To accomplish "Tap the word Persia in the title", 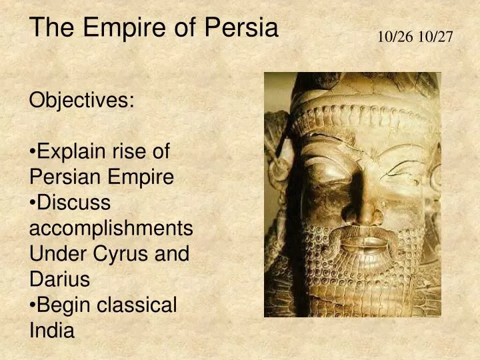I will pos(241,28).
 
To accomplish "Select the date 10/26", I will pos(395,37).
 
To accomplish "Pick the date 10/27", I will pos(436,37).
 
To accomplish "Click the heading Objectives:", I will pos(82,101).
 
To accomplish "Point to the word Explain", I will pos(71,152).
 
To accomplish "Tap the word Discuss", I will pos(73,203).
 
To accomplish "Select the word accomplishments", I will pos(111,228).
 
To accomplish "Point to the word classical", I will pos(137,305).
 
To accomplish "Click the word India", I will pos(52,330).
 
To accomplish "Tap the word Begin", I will pos(64,305).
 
